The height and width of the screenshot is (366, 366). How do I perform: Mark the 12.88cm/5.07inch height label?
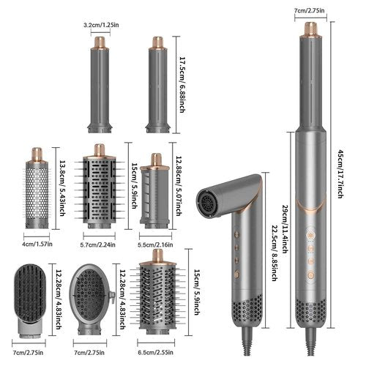point(180,180)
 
